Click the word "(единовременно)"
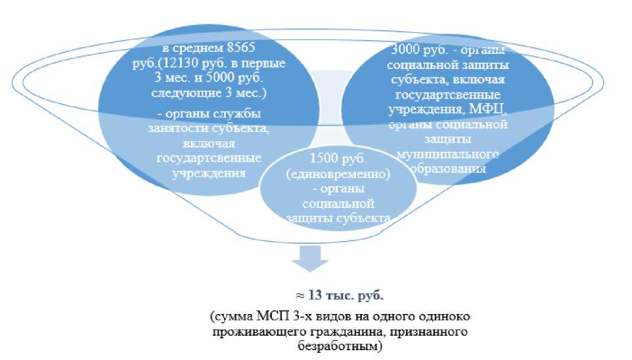pyautogui.click(x=339, y=176)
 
